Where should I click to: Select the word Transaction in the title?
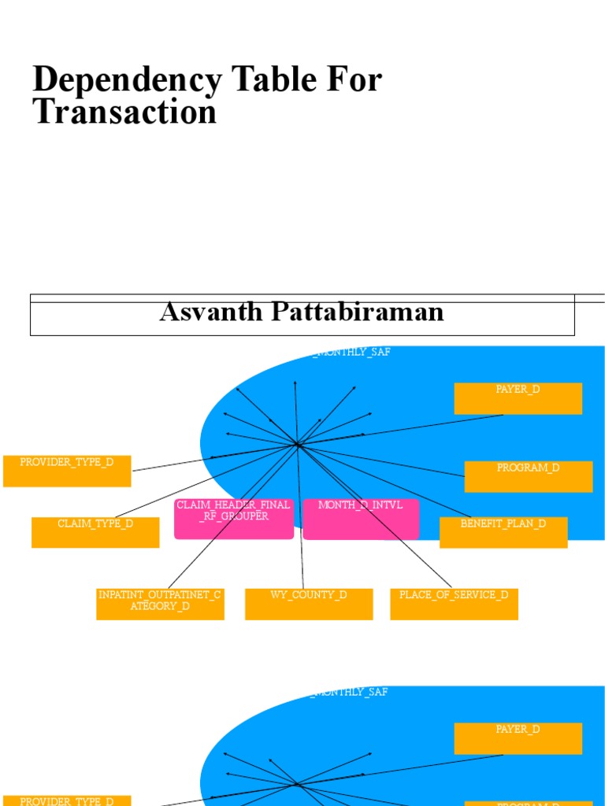[124, 112]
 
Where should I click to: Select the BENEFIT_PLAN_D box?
[503, 532]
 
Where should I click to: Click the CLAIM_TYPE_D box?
[95, 532]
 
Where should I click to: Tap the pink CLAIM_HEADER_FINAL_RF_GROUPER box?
[233, 519]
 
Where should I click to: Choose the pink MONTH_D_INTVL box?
[360, 519]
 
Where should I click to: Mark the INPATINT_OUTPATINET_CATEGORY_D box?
[160, 604]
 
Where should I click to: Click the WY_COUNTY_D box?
[309, 604]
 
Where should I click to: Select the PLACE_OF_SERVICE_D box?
[454, 604]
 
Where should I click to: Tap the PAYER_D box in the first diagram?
[518, 398]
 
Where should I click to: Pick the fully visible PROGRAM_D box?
[528, 476]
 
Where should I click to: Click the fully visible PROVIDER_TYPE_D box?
[67, 471]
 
